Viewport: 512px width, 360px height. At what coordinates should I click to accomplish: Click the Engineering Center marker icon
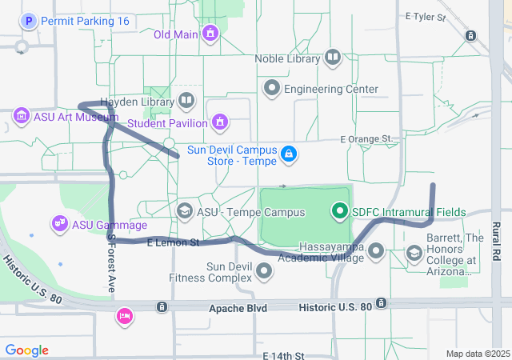(273, 88)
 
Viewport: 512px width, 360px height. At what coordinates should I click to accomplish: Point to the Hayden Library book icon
(186, 101)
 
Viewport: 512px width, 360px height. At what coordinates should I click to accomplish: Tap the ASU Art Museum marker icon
(21, 117)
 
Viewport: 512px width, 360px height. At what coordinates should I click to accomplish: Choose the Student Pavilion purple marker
(218, 122)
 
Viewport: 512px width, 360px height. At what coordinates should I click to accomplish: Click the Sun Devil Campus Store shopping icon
(289, 152)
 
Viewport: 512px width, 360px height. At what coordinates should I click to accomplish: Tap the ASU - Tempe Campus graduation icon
(184, 211)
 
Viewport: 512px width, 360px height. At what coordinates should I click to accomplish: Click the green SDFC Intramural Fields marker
(340, 211)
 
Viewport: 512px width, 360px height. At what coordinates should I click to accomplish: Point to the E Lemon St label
(173, 242)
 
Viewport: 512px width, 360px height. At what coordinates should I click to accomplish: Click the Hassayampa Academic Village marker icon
(376, 252)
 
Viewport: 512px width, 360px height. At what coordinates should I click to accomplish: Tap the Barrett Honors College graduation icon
(415, 254)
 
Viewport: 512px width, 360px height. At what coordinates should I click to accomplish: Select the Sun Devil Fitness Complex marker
(265, 272)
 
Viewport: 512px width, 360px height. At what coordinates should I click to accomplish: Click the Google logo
(27, 350)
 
